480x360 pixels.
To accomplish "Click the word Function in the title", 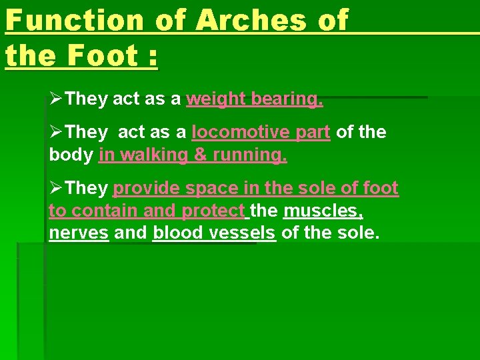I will [x=74, y=20].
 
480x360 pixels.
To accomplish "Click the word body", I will [x=71, y=155].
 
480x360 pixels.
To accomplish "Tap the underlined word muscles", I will [x=323, y=211].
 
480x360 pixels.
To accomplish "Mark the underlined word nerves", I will [x=79, y=233].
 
